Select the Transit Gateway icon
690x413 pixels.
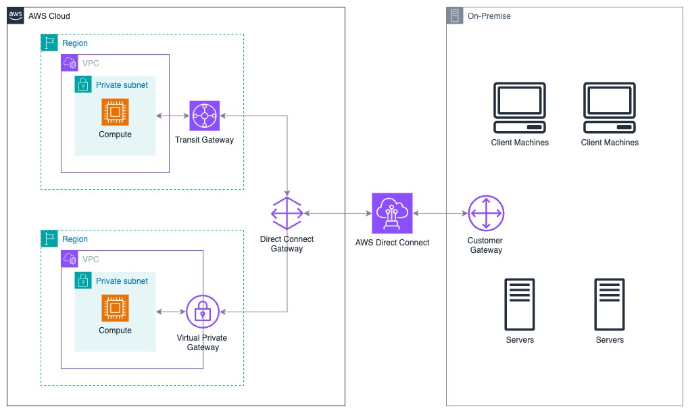tap(205, 116)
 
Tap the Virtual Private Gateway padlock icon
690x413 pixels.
tap(202, 312)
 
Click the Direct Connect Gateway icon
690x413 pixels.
tap(287, 214)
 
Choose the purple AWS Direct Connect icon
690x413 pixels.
tap(392, 213)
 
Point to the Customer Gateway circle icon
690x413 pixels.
tap(486, 214)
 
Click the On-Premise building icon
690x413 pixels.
tap(455, 16)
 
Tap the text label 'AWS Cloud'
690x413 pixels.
tap(49, 16)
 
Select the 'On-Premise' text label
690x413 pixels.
tap(489, 16)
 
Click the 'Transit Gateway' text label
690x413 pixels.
tap(204, 140)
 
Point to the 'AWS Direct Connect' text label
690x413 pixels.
tap(392, 243)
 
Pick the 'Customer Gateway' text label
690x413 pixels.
tap(485, 245)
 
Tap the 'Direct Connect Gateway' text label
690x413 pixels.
tap(287, 244)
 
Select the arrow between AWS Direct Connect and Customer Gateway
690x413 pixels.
tap(440, 214)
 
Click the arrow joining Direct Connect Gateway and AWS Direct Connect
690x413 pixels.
tap(337, 214)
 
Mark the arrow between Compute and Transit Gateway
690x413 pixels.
tap(172, 116)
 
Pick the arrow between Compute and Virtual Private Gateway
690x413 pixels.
tap(171, 312)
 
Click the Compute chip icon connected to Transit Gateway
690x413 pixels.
tap(115, 112)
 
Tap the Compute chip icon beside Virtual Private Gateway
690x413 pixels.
tap(115, 308)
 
